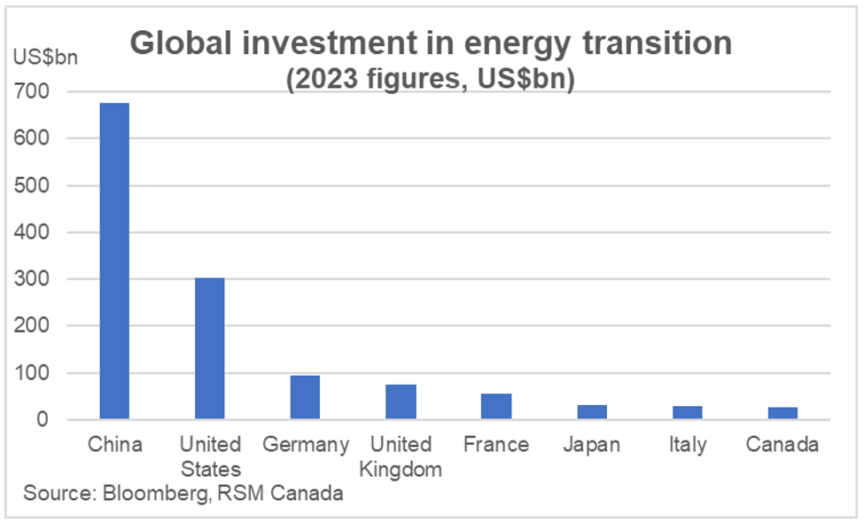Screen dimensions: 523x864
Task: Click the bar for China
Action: click(x=114, y=261)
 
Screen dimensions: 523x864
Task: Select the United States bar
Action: click(x=210, y=348)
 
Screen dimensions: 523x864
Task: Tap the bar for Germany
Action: click(x=305, y=397)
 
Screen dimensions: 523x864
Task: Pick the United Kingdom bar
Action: click(x=401, y=402)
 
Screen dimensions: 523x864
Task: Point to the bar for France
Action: click(x=496, y=406)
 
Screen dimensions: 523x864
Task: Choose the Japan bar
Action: click(x=591, y=412)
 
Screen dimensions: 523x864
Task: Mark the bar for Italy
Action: click(x=687, y=412)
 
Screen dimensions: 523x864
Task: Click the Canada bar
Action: click(x=782, y=413)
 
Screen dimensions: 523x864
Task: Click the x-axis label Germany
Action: click(x=306, y=445)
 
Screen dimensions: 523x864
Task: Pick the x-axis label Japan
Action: click(x=591, y=445)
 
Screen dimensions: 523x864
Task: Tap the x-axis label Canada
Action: click(x=782, y=445)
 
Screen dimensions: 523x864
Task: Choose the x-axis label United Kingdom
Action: click(x=401, y=457)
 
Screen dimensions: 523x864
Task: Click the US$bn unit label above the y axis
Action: click(x=45, y=58)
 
